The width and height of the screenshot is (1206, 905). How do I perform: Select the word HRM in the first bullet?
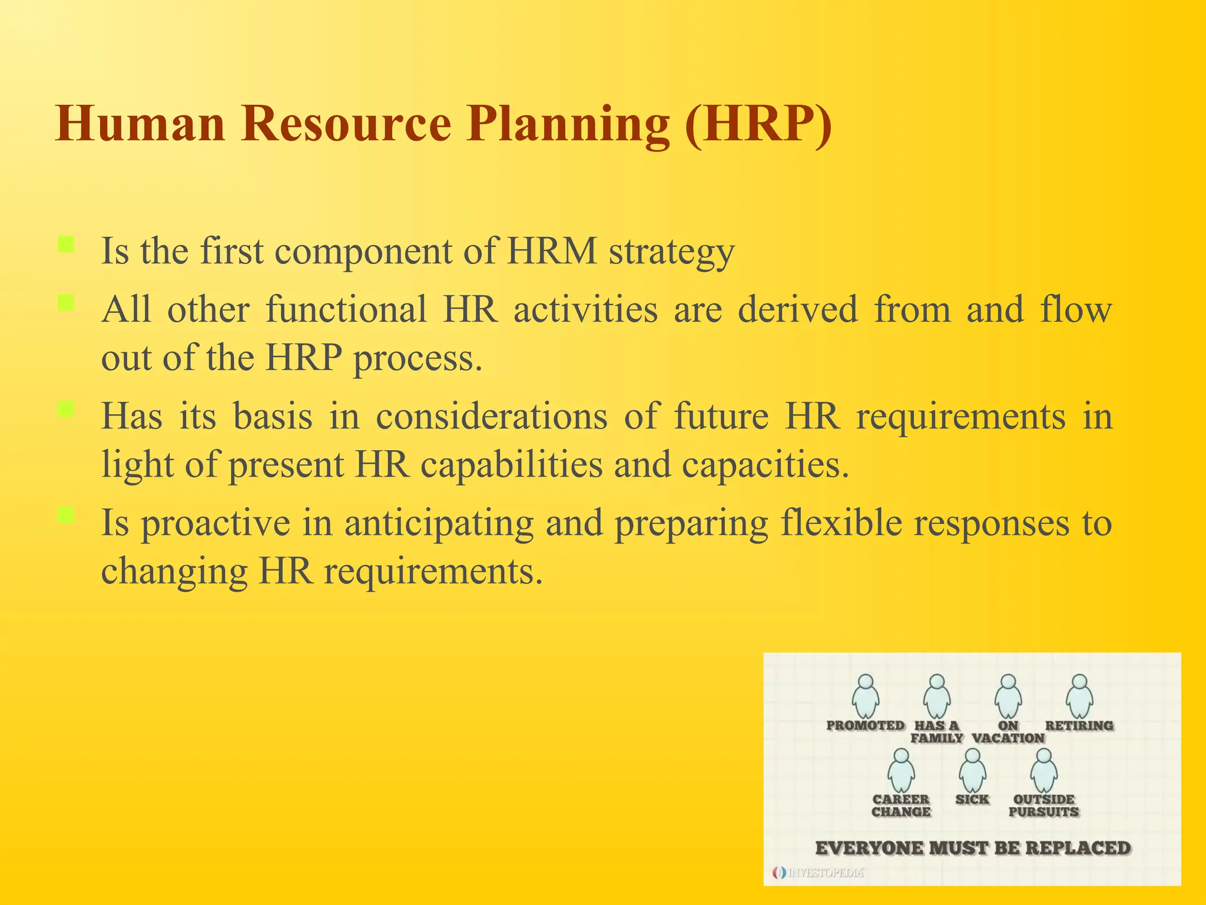tap(552, 251)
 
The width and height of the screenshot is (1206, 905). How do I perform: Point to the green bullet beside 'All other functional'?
tap(66, 303)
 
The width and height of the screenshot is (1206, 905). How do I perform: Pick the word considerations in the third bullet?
tap(492, 417)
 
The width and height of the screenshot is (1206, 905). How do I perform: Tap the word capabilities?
tap(512, 464)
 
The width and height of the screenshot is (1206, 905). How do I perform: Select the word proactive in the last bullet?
tap(216, 523)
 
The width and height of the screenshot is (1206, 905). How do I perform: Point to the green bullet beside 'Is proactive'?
tap(66, 516)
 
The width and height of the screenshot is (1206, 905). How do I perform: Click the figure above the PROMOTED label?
tap(866, 696)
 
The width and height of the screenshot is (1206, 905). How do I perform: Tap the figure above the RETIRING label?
tap(1079, 696)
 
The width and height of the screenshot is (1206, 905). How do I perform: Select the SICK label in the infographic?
tap(972, 800)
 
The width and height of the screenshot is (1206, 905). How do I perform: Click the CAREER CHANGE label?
tap(901, 805)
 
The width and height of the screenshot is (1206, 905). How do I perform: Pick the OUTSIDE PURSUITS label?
tap(1043, 805)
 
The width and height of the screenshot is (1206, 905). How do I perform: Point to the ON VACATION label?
tap(1008, 732)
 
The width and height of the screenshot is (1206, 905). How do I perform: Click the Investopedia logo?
tap(819, 873)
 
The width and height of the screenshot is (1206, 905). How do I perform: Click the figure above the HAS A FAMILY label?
tap(937, 696)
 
